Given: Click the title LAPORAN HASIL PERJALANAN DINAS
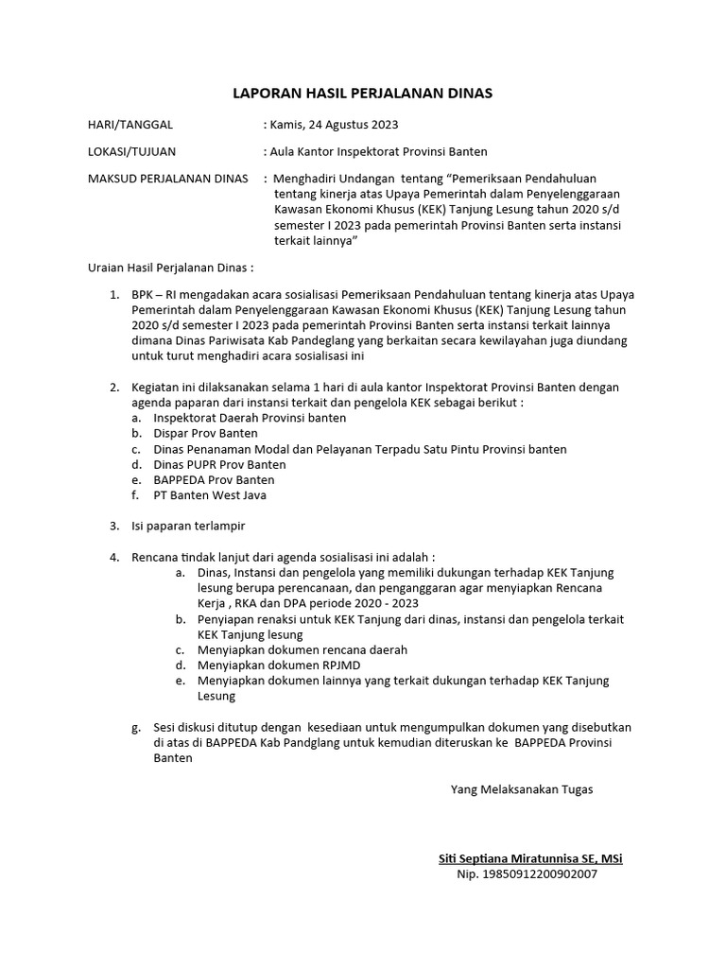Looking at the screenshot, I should point(363,94).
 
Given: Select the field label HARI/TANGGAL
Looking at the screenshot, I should point(130,124).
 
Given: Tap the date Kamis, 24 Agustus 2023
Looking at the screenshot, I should point(331,124).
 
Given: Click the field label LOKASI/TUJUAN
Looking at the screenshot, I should point(131,151).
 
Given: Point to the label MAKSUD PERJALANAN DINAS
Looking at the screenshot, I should point(167,178).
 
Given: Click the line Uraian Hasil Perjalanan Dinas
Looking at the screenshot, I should point(170,268).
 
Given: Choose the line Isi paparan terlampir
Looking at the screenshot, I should point(189,526).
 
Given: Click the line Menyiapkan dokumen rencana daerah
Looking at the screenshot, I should point(288,650).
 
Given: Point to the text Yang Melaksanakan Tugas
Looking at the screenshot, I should point(522,788).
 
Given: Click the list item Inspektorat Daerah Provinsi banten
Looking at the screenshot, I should point(250,418).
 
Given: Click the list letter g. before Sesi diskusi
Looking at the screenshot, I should point(134,727).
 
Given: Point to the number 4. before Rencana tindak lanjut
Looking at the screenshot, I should point(113,557).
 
